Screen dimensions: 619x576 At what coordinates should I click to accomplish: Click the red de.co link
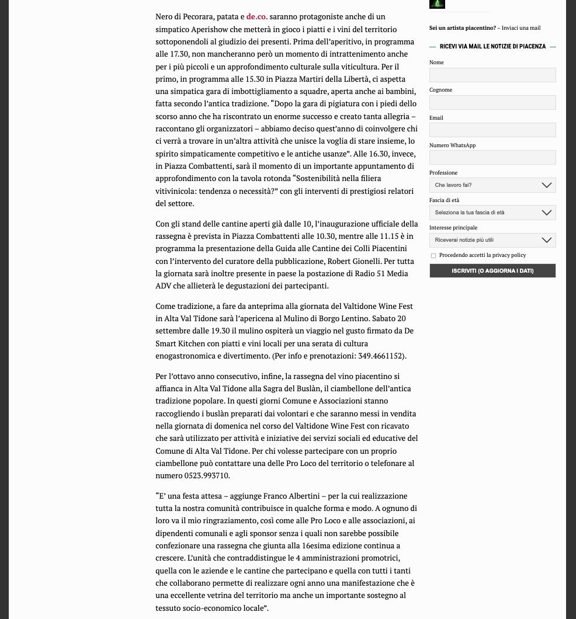(x=256, y=17)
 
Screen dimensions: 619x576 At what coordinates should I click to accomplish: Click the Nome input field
(x=492, y=75)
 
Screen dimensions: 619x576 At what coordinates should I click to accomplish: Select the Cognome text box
(x=492, y=102)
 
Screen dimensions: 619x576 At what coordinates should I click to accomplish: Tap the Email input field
(x=492, y=130)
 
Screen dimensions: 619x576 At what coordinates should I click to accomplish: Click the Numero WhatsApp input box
(x=492, y=157)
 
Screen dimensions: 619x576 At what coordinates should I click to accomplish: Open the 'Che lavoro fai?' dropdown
(x=492, y=185)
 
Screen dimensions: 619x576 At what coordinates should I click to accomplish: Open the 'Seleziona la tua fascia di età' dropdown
(x=492, y=213)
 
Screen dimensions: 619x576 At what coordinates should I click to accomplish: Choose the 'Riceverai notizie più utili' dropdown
(x=492, y=240)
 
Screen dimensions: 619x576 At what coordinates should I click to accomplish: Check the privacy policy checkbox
(x=433, y=256)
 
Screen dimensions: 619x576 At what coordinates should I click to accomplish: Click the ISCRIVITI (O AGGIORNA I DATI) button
(x=492, y=270)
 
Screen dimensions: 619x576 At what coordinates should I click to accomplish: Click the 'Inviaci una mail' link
(x=521, y=28)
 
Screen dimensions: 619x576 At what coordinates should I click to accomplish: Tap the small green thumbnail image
(x=437, y=4)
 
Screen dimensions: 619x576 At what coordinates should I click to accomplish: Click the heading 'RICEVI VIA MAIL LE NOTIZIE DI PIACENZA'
(x=492, y=47)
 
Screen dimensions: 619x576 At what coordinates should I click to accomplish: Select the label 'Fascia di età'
(x=444, y=200)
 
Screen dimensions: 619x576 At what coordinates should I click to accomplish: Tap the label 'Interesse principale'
(x=453, y=228)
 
